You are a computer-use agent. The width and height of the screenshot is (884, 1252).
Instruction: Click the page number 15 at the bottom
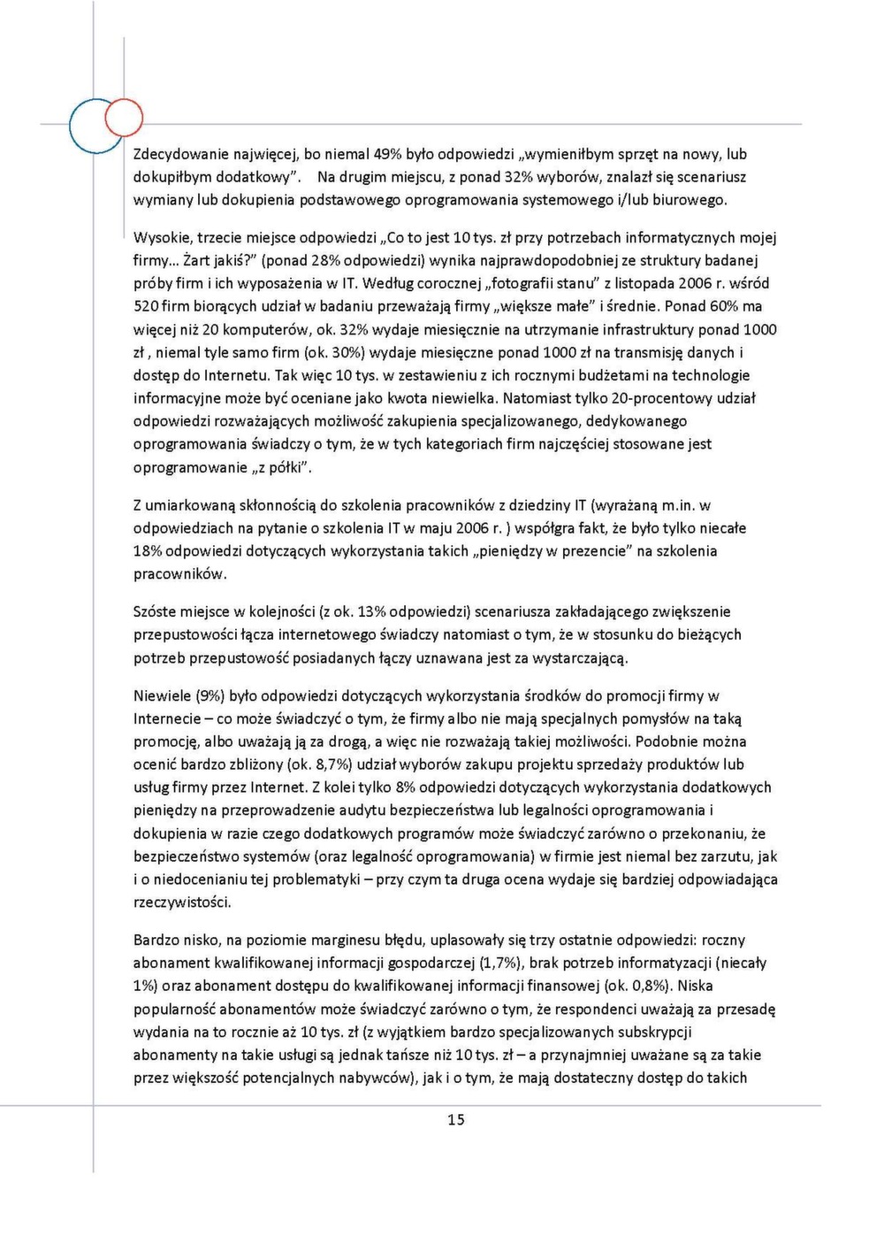[x=455, y=1120]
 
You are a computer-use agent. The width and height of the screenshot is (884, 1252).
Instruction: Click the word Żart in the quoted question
[x=196, y=261]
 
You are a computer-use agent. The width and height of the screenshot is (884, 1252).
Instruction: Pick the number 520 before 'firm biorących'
[x=146, y=307]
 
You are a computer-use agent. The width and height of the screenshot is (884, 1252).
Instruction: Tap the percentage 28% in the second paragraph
[x=326, y=261]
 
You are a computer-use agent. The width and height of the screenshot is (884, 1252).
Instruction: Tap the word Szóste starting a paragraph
[x=155, y=611]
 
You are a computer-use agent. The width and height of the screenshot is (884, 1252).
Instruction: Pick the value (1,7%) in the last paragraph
[x=499, y=964]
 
